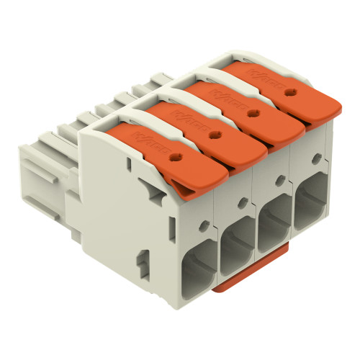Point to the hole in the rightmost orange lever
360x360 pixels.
point(291,92)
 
